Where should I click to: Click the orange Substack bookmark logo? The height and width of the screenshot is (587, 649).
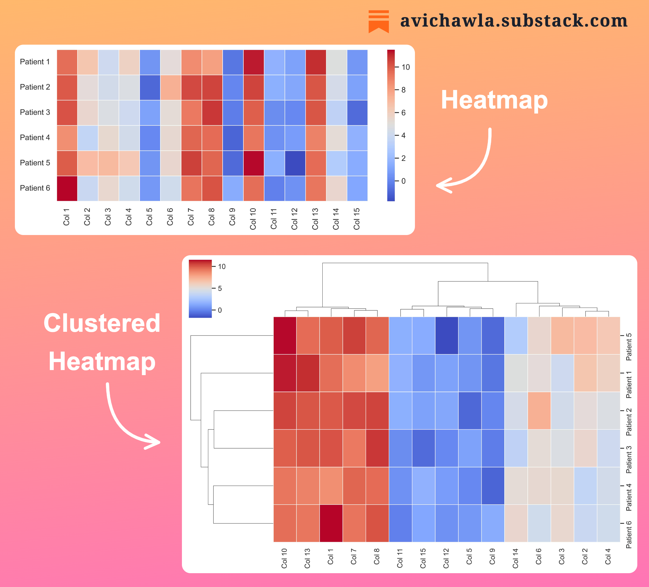coord(378,21)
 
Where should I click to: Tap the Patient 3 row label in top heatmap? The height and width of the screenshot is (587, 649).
coord(35,112)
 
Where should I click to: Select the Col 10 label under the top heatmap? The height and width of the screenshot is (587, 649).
coord(253,219)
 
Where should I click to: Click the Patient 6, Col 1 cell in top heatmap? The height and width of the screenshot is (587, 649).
coord(67,188)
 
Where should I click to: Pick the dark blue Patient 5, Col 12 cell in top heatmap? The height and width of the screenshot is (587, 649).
coord(295,163)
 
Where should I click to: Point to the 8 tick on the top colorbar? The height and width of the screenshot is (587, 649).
coord(403,90)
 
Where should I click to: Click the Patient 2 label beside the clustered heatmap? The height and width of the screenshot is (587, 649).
coord(629,422)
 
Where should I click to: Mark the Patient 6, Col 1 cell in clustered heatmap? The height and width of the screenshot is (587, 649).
coord(331,523)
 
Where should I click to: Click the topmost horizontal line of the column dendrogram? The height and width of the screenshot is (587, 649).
coord(405,263)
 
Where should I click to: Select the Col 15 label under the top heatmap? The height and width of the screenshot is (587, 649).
coord(357,219)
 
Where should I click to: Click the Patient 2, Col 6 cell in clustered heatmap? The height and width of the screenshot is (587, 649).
coord(539,411)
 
